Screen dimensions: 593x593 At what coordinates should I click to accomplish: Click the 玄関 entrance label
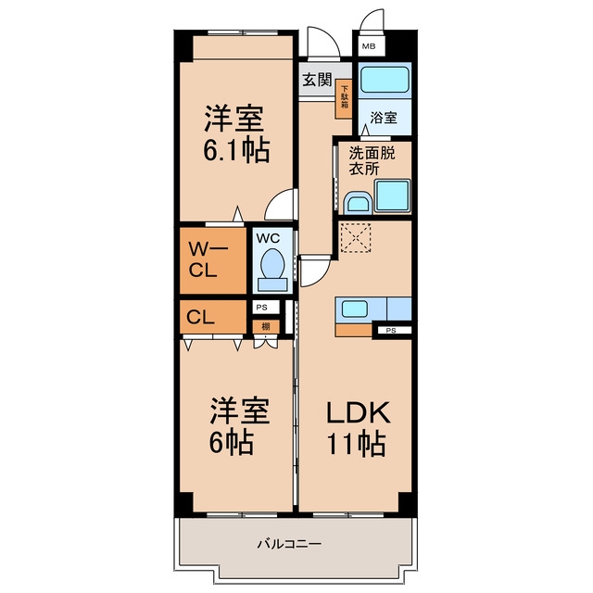(x=317, y=80)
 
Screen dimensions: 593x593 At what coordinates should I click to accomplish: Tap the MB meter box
(x=369, y=46)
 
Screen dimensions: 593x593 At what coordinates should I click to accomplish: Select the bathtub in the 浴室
(x=385, y=80)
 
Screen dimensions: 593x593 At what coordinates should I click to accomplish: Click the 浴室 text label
(x=384, y=118)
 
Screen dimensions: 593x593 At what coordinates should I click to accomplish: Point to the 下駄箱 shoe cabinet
(x=345, y=98)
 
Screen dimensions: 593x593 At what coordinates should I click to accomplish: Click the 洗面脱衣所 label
(x=371, y=160)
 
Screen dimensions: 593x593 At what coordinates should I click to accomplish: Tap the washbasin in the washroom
(x=358, y=204)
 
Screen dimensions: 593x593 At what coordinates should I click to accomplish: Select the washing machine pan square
(x=393, y=196)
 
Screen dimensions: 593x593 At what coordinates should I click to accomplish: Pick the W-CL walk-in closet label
(x=208, y=259)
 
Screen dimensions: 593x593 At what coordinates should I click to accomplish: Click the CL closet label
(x=200, y=317)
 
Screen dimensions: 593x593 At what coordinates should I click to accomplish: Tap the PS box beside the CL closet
(x=266, y=308)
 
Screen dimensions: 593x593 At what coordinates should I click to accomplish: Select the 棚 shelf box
(x=266, y=327)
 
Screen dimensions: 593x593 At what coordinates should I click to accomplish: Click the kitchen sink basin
(x=354, y=309)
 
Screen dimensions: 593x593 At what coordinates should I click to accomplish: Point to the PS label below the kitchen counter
(x=391, y=331)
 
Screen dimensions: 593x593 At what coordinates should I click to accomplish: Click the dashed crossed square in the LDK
(x=356, y=237)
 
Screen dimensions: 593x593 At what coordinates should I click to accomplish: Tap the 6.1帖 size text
(x=236, y=150)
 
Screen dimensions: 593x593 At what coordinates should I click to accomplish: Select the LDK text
(x=359, y=413)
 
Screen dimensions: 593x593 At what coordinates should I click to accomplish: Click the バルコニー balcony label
(x=289, y=544)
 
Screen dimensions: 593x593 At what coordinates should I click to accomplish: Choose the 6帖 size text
(x=232, y=442)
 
